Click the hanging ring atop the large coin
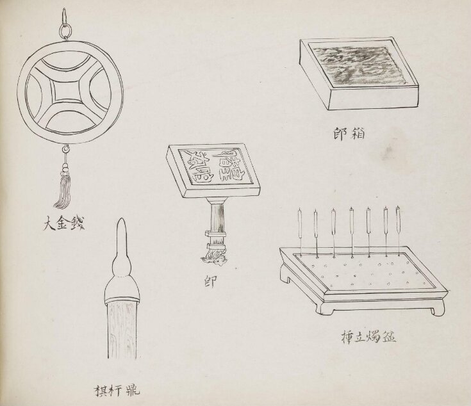click(x=65, y=29)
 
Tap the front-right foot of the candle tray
click(x=436, y=308)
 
